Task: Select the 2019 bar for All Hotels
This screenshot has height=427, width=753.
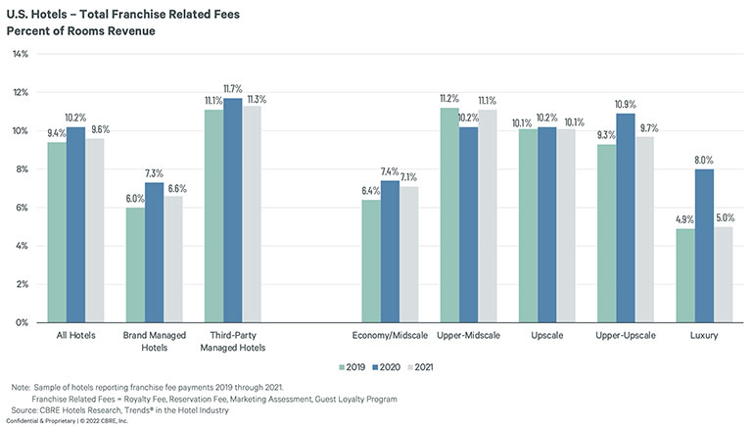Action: click(57, 232)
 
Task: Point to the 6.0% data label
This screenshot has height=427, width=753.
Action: click(133, 198)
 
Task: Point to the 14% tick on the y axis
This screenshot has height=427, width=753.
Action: click(21, 54)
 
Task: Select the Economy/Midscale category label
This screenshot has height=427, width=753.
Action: click(389, 336)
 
